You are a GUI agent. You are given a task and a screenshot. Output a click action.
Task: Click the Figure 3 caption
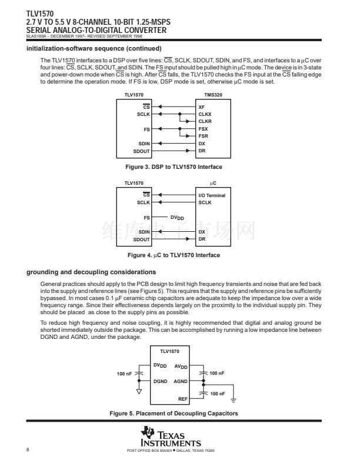[178, 167]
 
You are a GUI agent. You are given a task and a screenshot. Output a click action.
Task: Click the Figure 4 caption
[178, 255]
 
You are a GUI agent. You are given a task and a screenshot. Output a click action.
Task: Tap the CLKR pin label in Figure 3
[205, 121]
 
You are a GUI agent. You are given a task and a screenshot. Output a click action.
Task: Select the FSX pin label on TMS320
[203, 128]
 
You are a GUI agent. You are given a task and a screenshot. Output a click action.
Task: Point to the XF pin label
[201, 106]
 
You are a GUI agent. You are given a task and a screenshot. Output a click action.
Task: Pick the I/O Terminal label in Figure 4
[212, 195]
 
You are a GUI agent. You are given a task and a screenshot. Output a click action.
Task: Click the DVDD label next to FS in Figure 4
[178, 218]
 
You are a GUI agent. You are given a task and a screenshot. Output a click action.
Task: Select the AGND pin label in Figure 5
[181, 381]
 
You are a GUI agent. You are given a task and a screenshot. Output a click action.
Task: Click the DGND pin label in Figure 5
[160, 381]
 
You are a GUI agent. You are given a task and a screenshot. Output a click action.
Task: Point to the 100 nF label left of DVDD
[125, 374]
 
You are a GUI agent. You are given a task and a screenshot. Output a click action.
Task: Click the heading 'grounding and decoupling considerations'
[91, 272]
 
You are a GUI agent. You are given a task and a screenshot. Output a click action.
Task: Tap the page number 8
[28, 450]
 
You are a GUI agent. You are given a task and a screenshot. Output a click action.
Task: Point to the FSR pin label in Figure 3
[203, 136]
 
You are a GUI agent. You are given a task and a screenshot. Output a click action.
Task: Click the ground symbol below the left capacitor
[139, 391]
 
